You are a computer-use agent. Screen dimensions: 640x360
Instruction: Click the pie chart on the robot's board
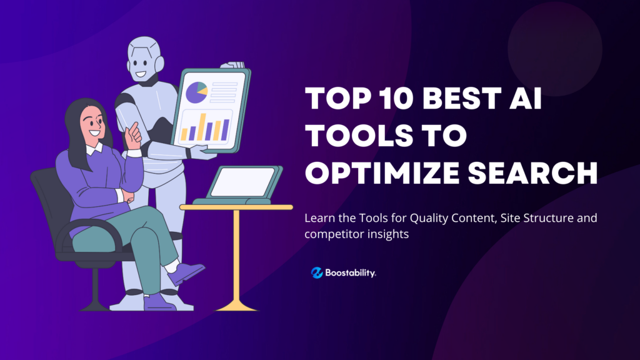197,92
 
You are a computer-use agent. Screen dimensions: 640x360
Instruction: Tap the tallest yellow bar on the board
202,127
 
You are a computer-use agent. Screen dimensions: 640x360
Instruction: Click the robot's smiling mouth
141,74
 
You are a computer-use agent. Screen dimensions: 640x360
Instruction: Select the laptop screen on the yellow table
243,182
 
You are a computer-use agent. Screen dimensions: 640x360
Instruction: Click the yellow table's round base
236,306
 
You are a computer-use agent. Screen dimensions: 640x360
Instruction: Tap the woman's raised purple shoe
186,272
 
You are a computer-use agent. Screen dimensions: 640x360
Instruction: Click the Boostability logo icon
317,272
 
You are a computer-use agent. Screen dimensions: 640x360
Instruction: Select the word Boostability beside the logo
350,272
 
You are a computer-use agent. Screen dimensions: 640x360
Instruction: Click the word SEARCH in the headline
532,172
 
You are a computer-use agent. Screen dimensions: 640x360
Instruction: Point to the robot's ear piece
159,64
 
